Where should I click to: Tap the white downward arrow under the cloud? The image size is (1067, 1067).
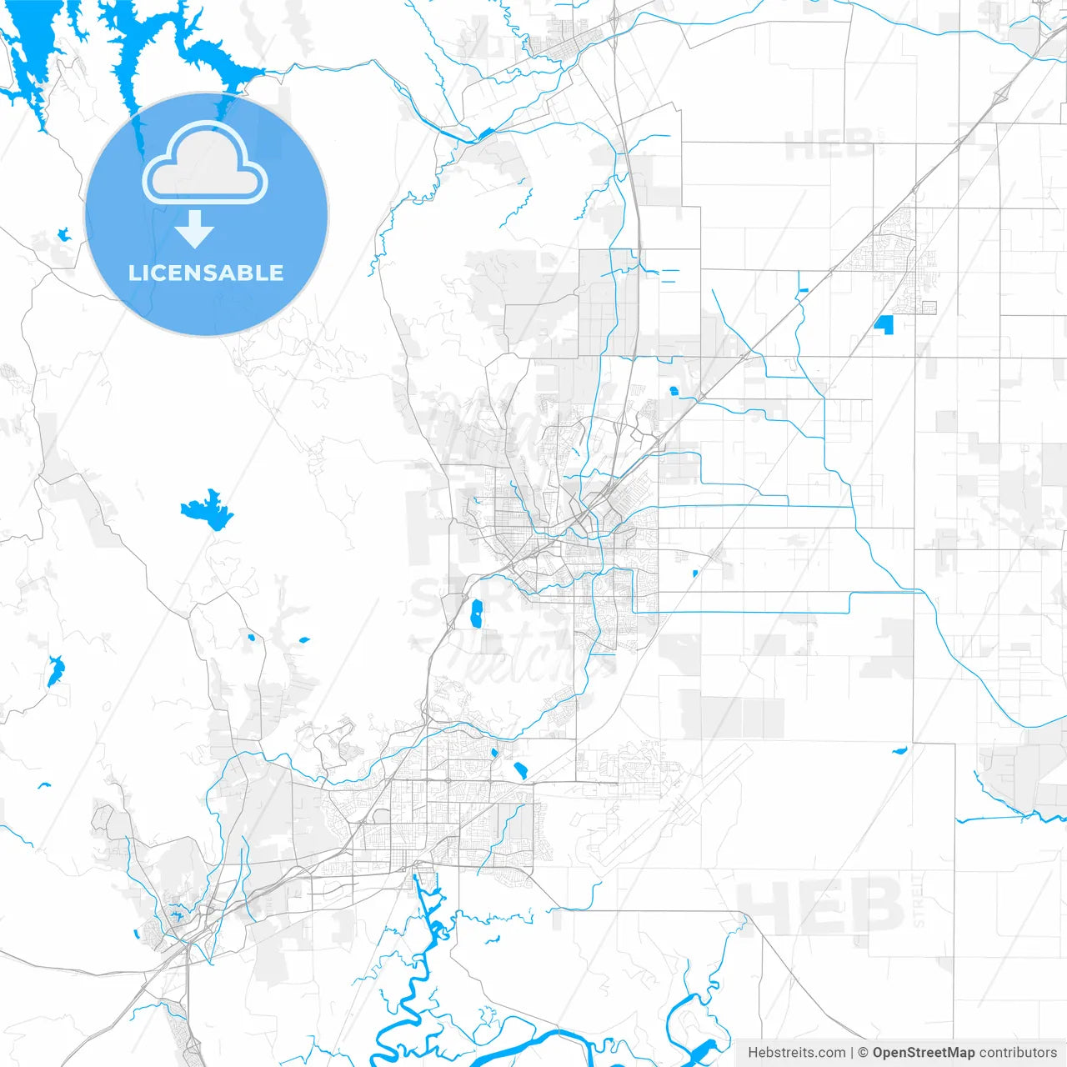pos(195,229)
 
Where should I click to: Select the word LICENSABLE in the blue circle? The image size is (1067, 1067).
pos(206,273)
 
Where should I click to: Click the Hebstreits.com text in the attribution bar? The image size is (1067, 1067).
pos(796,1053)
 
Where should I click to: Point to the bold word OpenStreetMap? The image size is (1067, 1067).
pos(923,1053)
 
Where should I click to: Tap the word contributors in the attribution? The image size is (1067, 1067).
pos(1018,1053)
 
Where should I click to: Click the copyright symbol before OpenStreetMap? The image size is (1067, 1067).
pos(863,1053)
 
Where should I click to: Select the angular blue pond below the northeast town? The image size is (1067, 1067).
pos(884,324)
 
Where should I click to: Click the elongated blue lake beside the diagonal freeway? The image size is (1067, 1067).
pos(477,614)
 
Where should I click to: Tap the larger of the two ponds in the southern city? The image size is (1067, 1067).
pos(520,770)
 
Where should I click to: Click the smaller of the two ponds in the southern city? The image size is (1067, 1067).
pos(494,754)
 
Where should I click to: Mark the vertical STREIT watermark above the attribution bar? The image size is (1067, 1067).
pos(919,900)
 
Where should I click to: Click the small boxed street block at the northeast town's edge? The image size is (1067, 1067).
pos(925,307)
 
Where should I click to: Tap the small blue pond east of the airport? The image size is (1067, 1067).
pos(899,751)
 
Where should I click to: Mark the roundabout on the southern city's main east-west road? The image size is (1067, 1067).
pos(448,780)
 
